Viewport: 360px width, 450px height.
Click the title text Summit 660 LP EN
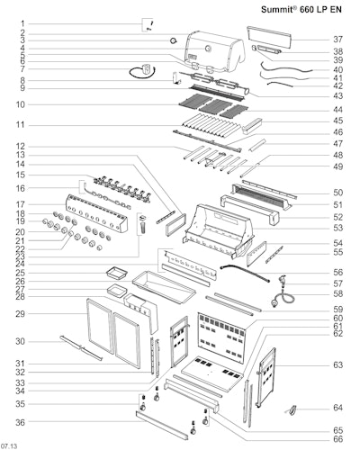301,10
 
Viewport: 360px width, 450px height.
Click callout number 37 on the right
337,40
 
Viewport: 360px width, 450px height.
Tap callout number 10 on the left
21,104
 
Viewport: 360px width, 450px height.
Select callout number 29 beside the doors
21,314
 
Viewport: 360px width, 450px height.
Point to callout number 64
337,408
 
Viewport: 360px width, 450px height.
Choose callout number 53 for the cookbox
337,228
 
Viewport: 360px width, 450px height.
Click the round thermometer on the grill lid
208,49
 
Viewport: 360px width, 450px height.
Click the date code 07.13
9,446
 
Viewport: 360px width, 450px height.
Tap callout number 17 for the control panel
21,204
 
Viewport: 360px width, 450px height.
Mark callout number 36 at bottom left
21,422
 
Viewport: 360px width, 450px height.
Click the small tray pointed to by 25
117,273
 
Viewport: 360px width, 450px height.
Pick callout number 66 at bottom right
337,439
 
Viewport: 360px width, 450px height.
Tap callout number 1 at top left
22,23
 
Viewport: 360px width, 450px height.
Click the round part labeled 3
174,40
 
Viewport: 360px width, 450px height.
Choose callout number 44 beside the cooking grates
337,110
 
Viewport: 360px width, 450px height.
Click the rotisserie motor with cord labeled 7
143,71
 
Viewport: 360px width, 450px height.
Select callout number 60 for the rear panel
337,319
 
